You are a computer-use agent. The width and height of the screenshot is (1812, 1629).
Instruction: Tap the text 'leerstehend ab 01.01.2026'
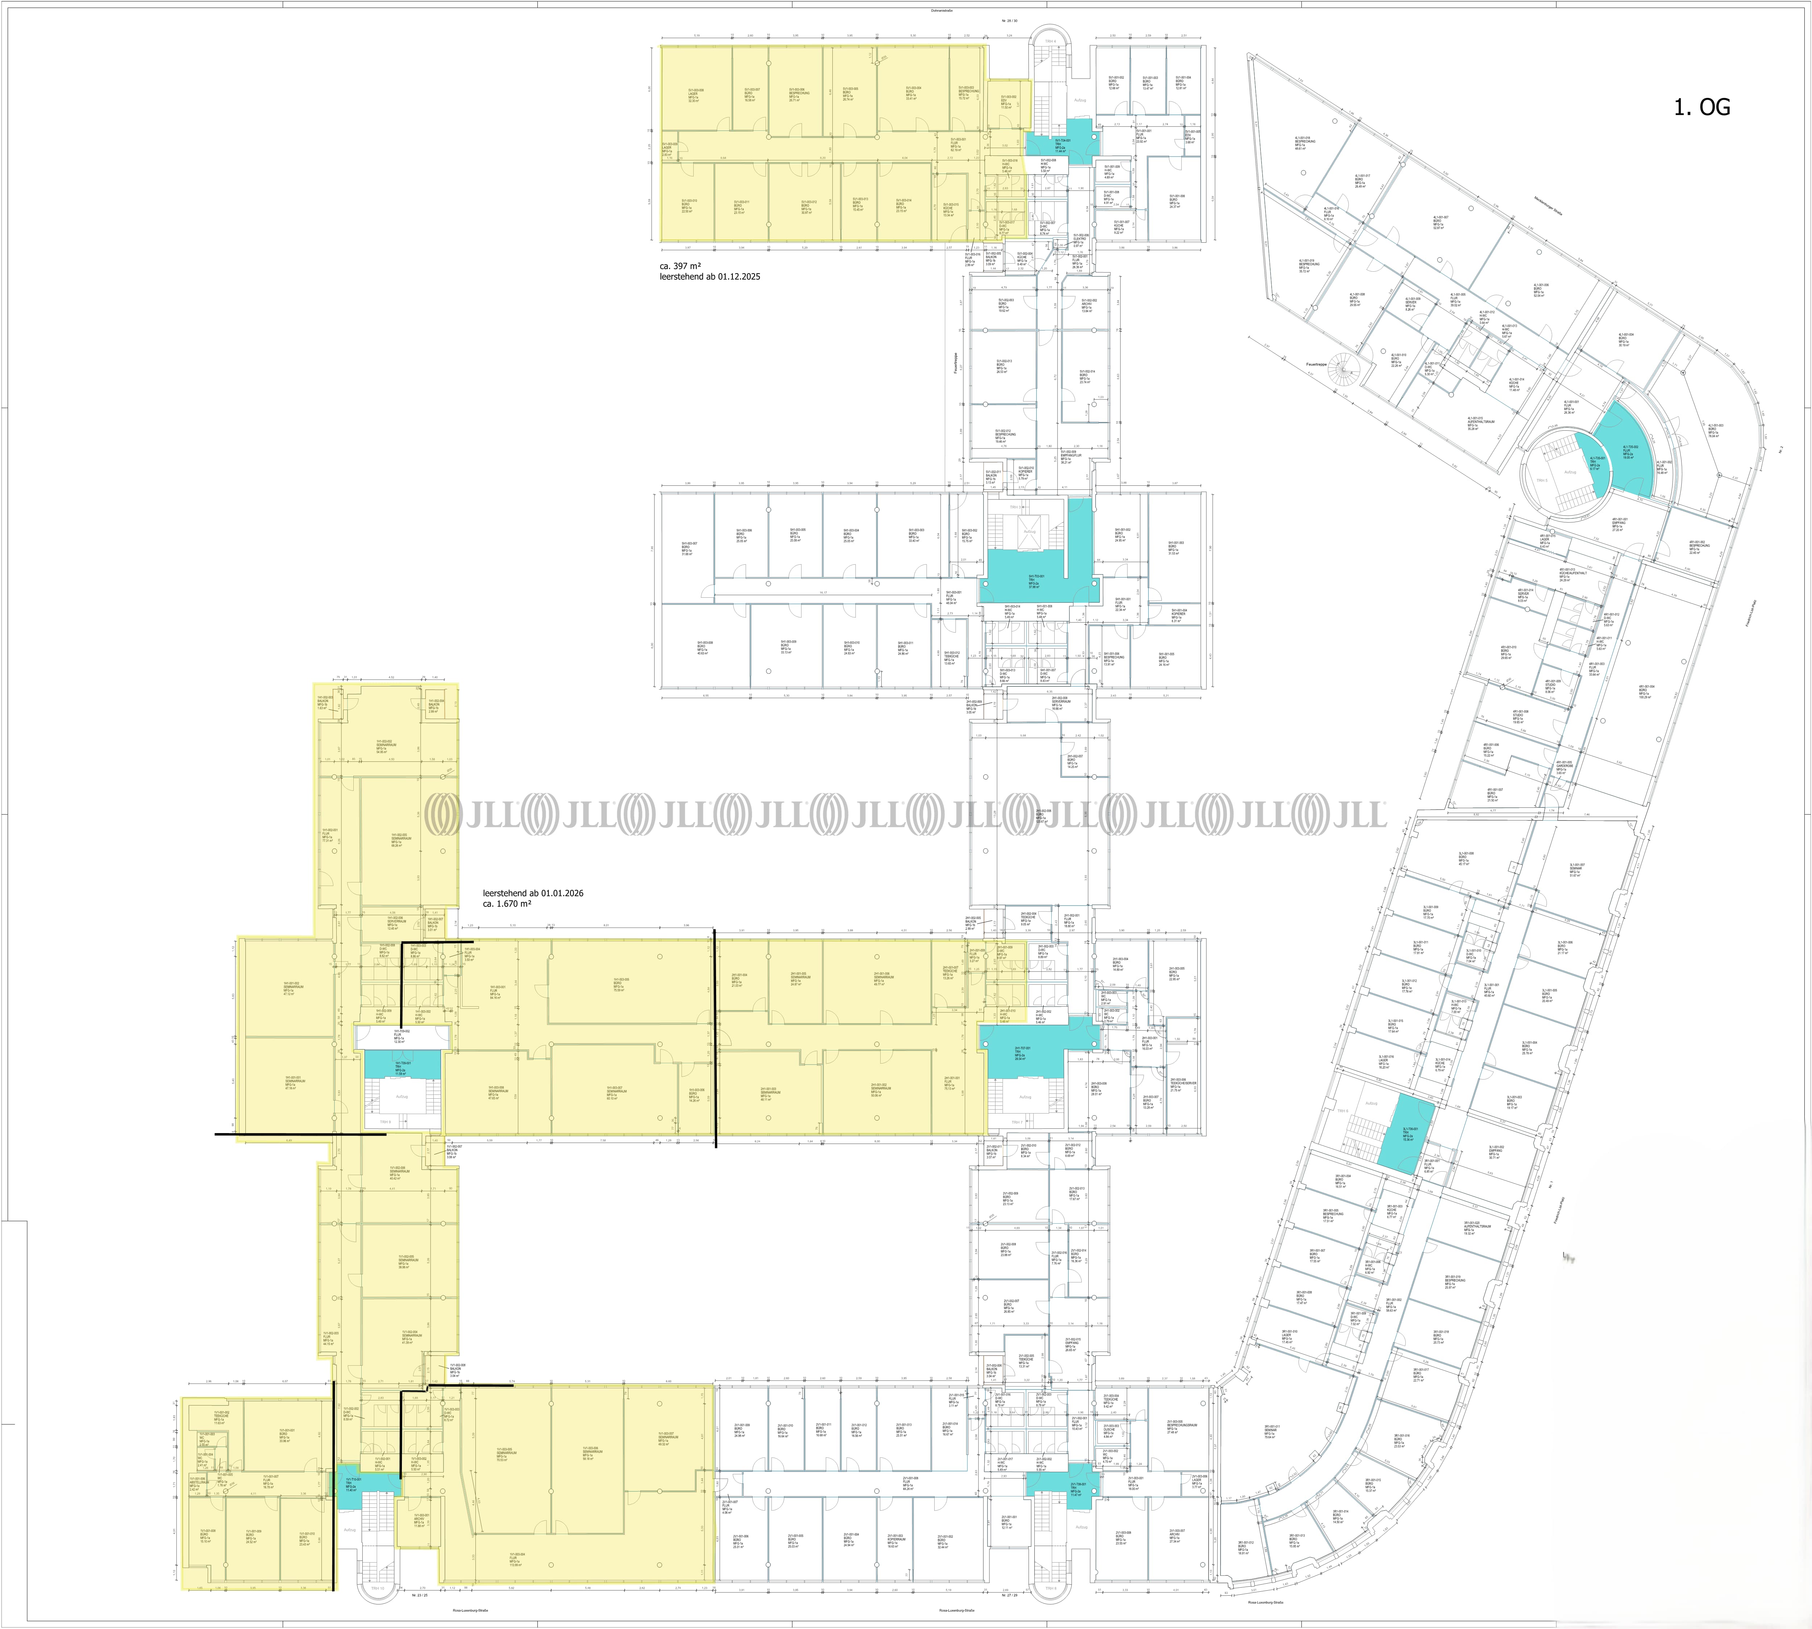click(533, 893)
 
